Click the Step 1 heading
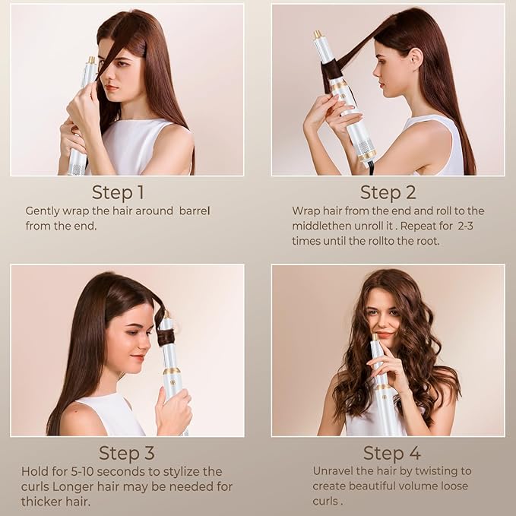click(x=118, y=191)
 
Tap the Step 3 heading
click(x=127, y=453)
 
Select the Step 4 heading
click(x=391, y=453)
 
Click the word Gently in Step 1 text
click(x=44, y=211)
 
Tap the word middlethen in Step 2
click(x=321, y=226)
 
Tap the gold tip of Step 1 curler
click(x=91, y=59)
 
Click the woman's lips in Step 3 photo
click(x=138, y=356)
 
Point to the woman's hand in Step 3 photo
click(x=173, y=413)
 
